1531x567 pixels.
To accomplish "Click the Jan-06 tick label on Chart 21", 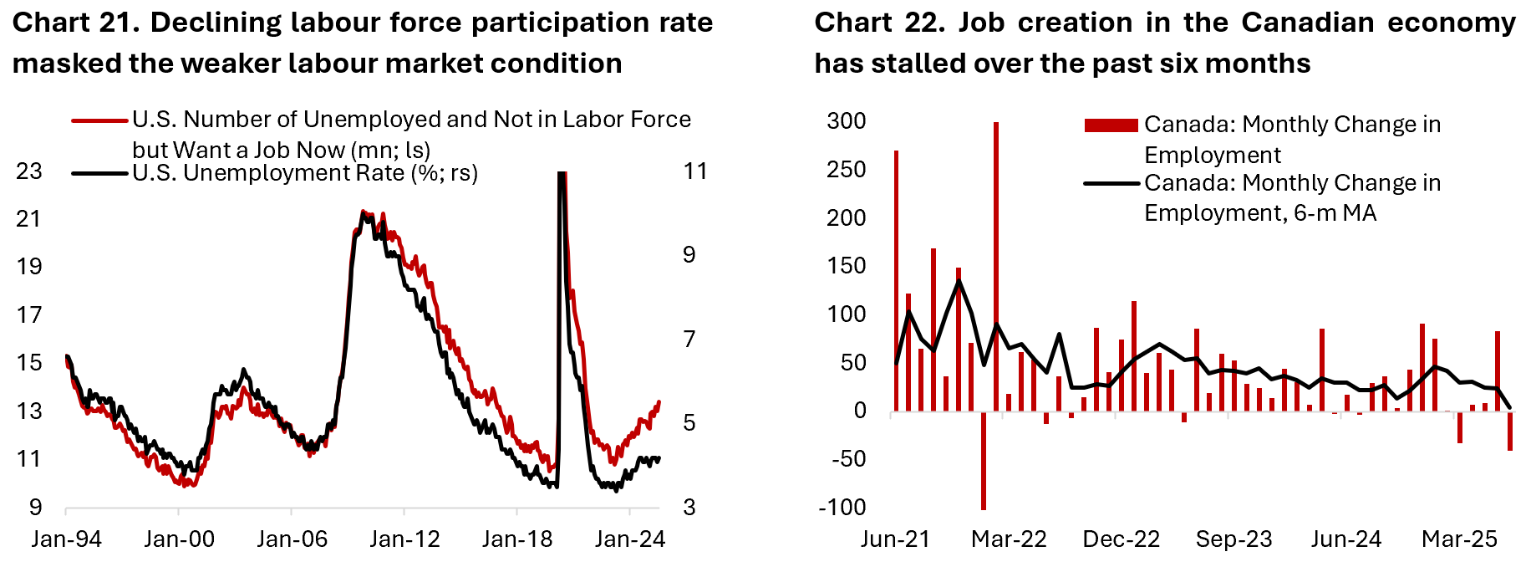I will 292,539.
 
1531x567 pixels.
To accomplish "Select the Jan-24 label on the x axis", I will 630,539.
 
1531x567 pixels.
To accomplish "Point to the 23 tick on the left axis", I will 29,171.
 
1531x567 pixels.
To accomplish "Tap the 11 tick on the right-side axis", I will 695,171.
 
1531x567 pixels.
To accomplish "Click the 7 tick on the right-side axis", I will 689,340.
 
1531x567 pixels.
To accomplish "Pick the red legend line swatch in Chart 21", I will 100,120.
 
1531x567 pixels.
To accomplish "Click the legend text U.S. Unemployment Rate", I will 305,173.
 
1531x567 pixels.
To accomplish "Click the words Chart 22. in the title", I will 879,23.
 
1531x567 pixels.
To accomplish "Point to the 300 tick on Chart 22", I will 847,121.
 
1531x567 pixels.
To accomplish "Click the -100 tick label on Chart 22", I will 842,508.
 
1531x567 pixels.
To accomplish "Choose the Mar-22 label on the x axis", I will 1009,539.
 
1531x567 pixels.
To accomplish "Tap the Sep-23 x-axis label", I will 1233,539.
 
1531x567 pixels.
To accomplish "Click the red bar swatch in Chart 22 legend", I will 1111,125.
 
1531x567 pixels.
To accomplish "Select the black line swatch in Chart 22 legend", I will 1111,183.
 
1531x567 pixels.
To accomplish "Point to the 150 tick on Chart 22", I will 847,266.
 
